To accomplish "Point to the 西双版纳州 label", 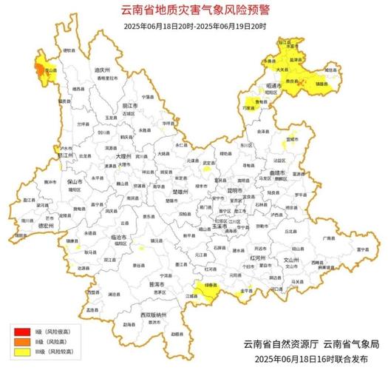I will pos(149,314).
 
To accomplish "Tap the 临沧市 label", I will pos(98,235).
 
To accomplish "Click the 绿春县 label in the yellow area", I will pos(211,283).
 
